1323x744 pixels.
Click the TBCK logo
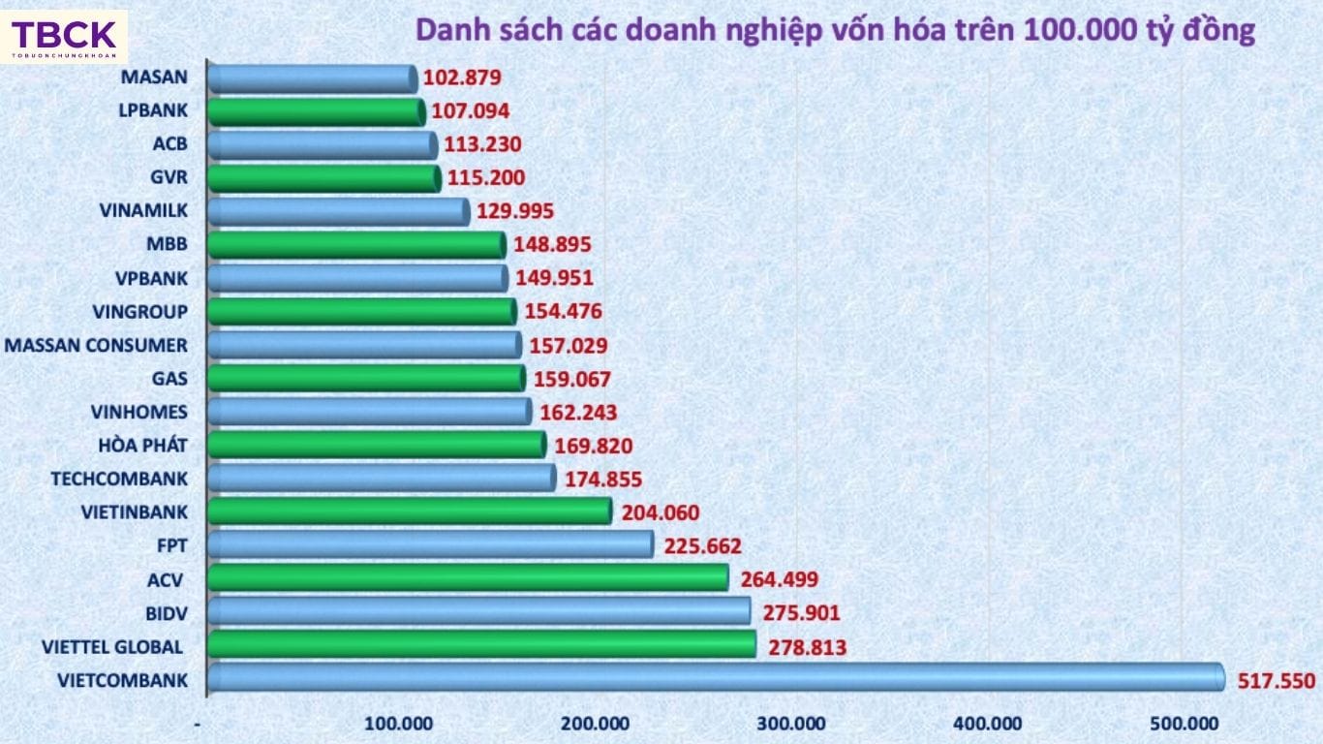[x=64, y=37]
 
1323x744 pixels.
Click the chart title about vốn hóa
[x=835, y=30]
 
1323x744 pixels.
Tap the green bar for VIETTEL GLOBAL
[x=481, y=644]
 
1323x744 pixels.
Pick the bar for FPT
[x=430, y=544]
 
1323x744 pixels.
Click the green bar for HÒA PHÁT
[x=377, y=445]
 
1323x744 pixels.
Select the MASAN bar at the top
[x=312, y=78]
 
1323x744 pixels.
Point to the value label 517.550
[x=1276, y=681]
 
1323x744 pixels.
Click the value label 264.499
[x=779, y=580]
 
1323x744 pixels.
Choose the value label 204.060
[x=660, y=512]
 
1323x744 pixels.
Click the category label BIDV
[x=166, y=613]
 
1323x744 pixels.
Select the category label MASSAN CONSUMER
[x=97, y=345]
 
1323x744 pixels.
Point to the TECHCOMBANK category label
[x=119, y=479]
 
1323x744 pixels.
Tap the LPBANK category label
[x=152, y=110]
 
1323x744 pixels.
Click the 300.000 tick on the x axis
[x=795, y=724]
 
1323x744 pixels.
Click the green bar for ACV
[x=468, y=577]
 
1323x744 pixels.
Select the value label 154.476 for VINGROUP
[x=563, y=312]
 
